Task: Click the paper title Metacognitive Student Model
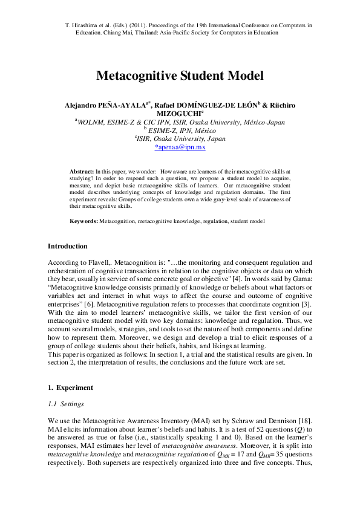click(180, 76)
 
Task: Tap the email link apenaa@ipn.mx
click(180, 146)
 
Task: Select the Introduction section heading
click(67, 246)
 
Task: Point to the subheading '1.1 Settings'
click(65, 404)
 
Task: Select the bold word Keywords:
click(83, 222)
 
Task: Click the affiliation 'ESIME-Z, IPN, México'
click(182, 129)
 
